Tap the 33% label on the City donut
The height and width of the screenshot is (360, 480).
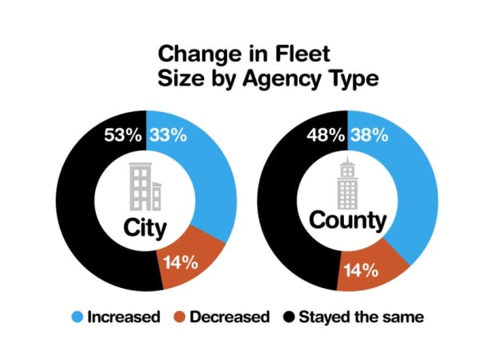pyautogui.click(x=167, y=135)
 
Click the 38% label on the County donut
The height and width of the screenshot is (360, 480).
pyautogui.click(x=370, y=135)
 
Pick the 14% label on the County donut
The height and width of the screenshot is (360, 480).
pyautogui.click(x=360, y=270)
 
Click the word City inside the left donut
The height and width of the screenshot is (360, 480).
pyautogui.click(x=145, y=228)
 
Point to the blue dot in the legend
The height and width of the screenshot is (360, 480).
pyautogui.click(x=78, y=316)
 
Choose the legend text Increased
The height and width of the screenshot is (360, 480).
pyautogui.click(x=123, y=316)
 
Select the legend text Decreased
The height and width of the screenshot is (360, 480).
pyautogui.click(x=229, y=316)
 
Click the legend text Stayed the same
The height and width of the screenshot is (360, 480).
pyautogui.click(x=361, y=316)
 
